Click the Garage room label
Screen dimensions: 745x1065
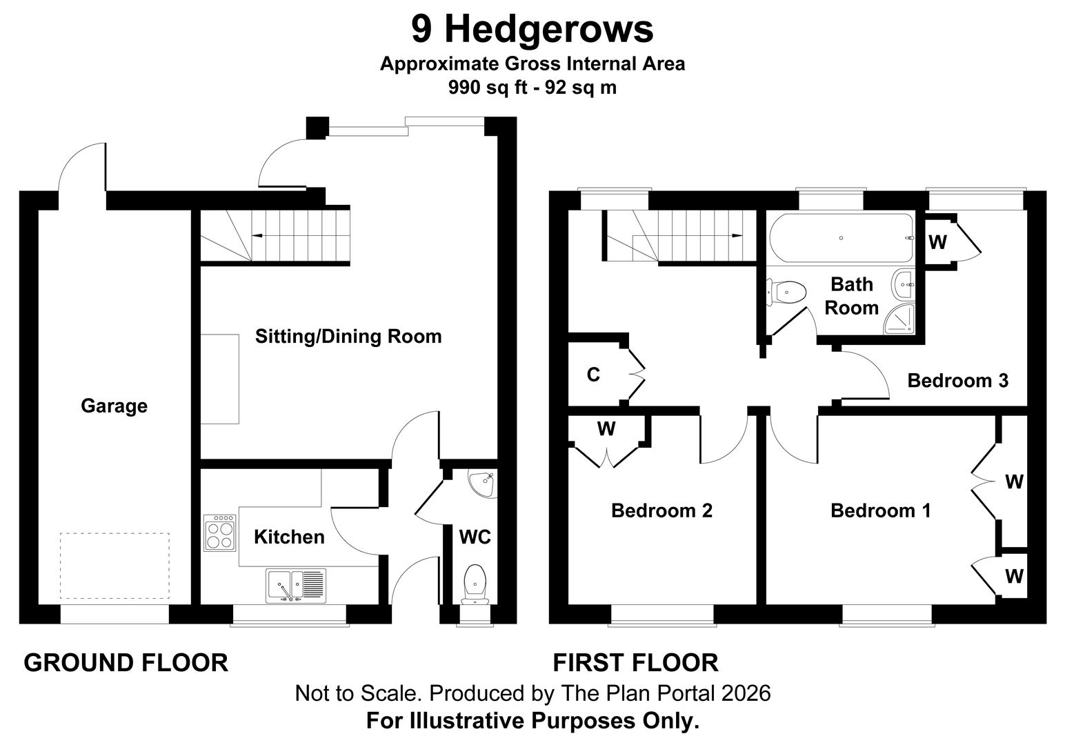pos(114,406)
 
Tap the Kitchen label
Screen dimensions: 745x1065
pos(289,537)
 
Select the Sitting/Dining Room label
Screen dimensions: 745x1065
pos(348,337)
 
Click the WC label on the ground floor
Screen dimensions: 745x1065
pos(475,537)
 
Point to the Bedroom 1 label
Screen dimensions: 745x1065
pos(880,510)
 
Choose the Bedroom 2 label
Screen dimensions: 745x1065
pos(661,510)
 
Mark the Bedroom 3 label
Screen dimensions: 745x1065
pos(957,380)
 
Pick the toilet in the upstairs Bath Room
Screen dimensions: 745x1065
pos(788,292)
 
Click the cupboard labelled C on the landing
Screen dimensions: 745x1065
pos(593,375)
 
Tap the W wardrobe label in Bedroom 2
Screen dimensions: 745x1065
pos(606,429)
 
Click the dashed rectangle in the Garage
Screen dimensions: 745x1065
pos(114,566)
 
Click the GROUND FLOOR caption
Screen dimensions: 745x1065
pos(126,663)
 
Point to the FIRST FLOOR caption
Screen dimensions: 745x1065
pos(635,663)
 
